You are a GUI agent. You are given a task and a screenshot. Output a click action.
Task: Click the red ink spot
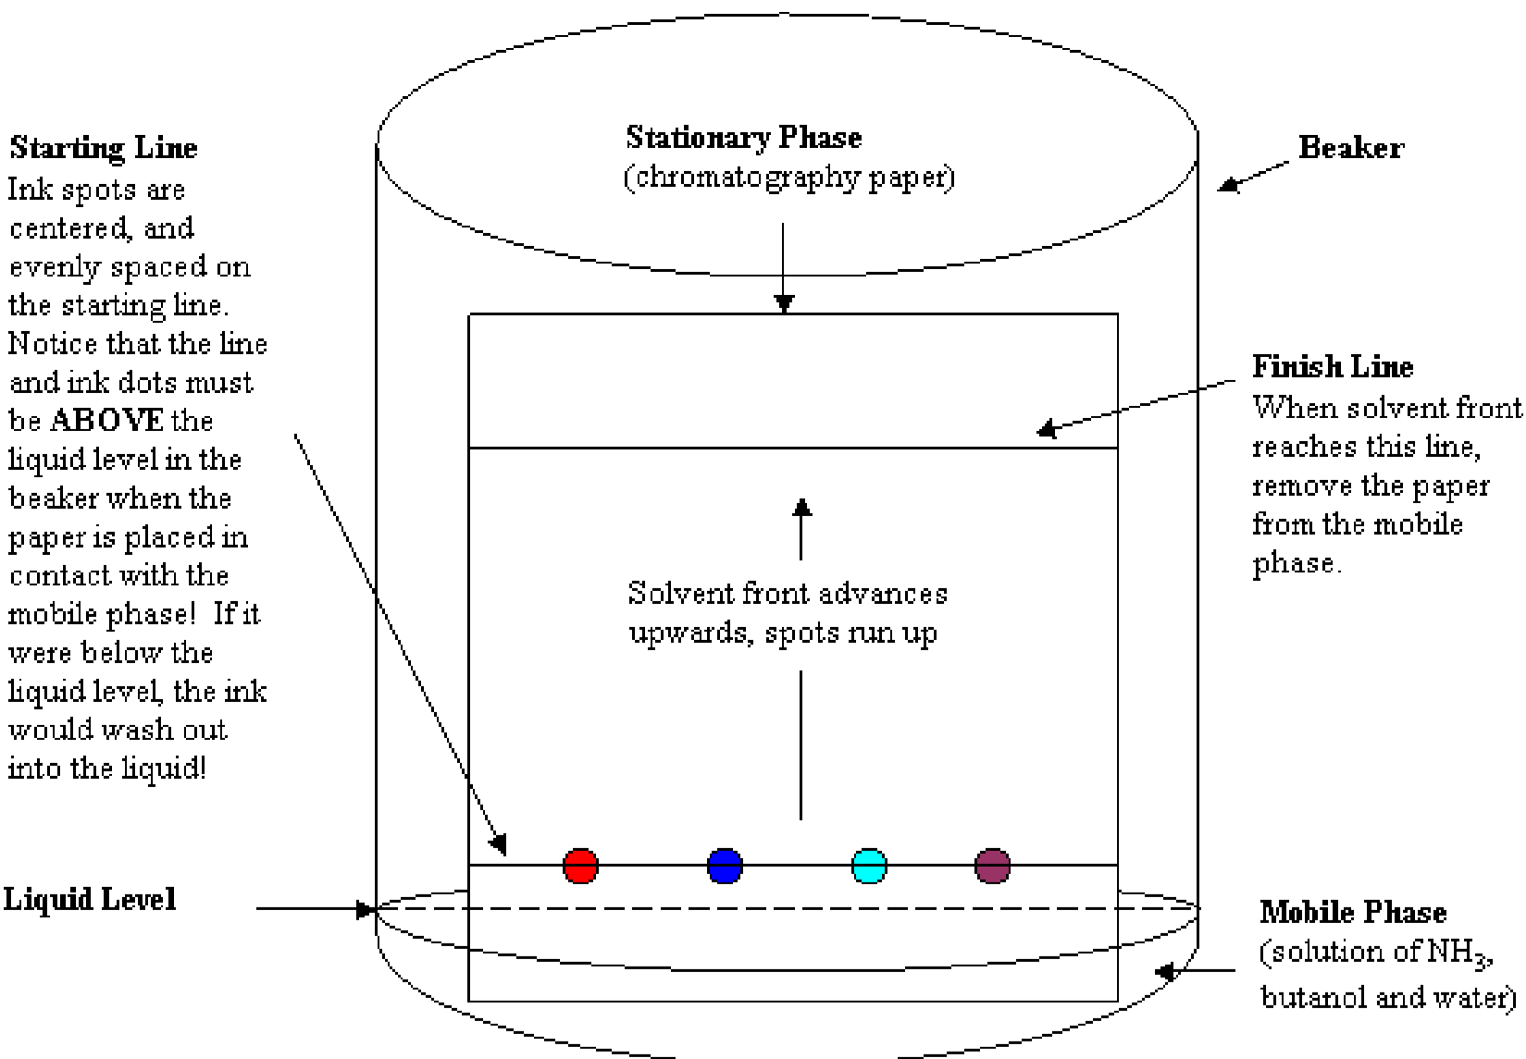tap(580, 866)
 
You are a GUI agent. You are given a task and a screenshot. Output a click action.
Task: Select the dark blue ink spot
tap(725, 866)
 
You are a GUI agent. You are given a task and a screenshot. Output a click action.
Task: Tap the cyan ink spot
tap(869, 866)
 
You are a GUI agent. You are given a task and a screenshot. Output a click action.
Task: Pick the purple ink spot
tap(992, 866)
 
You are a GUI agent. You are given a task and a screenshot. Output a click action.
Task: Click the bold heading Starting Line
tap(103, 148)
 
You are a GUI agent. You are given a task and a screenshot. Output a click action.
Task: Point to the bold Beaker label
tap(1350, 147)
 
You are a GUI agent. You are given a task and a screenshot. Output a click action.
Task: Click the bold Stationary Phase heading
tap(743, 137)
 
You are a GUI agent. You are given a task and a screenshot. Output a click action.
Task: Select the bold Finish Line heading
tap(1333, 366)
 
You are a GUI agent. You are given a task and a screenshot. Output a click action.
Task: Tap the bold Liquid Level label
tap(89, 899)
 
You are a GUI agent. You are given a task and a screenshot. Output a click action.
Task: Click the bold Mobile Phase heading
tap(1352, 912)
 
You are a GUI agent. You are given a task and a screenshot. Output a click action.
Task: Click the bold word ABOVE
tap(106, 421)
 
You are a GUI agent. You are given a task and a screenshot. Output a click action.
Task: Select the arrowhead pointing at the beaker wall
tap(1227, 185)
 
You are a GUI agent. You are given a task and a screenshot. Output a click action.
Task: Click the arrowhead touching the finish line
tap(1047, 428)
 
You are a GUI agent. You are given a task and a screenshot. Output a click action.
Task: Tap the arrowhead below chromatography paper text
tap(784, 304)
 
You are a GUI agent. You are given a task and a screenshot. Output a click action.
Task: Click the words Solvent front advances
tap(788, 593)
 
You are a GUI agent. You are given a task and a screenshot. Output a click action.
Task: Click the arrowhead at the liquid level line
tap(365, 909)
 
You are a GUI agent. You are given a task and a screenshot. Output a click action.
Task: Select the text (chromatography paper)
tap(788, 177)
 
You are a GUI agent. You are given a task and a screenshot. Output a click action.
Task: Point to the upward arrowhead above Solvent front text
tap(801, 508)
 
